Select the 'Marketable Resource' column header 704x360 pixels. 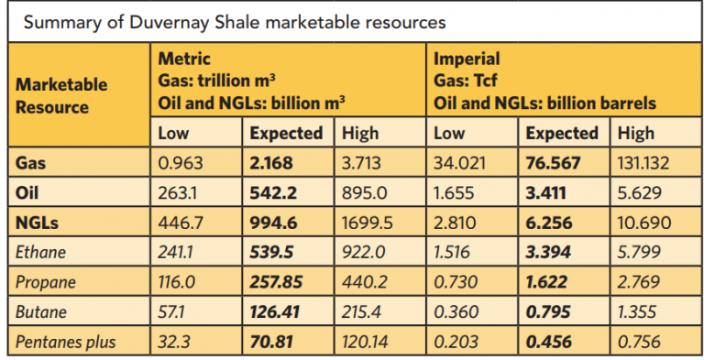(x=61, y=95)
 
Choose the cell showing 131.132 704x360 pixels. (x=644, y=164)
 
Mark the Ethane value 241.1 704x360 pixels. (x=178, y=253)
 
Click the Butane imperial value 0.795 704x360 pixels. (x=546, y=312)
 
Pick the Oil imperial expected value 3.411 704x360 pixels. (x=544, y=193)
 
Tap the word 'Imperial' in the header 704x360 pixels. (x=467, y=59)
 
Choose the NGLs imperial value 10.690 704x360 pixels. (x=643, y=223)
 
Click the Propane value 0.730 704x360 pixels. (x=455, y=282)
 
